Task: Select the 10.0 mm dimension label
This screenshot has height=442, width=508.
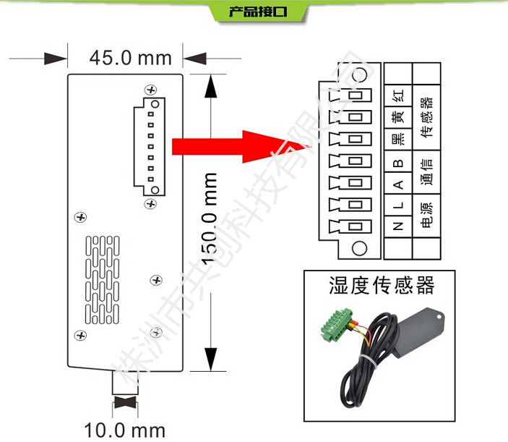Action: click(x=124, y=430)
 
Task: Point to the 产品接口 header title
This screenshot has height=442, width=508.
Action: click(x=254, y=12)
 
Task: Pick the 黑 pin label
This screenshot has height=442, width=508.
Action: click(x=397, y=140)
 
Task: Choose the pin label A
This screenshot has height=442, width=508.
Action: click(x=397, y=184)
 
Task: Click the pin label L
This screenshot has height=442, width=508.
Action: click(x=397, y=205)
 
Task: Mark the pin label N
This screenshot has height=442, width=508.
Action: click(x=397, y=226)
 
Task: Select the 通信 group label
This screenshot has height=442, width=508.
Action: click(x=426, y=172)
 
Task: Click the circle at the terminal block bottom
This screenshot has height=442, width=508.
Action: click(x=358, y=250)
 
